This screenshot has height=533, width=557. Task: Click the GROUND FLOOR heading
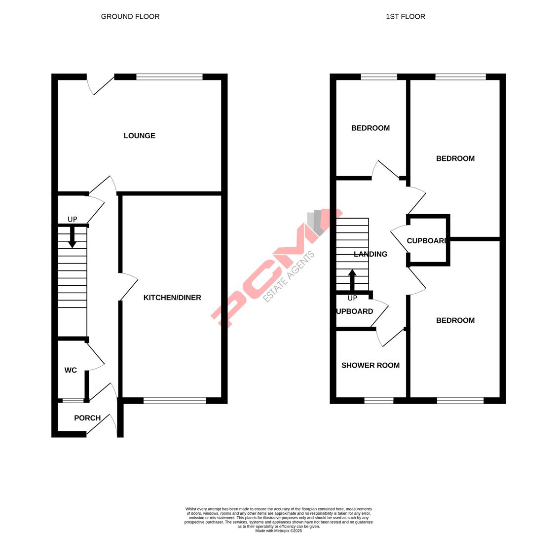130,16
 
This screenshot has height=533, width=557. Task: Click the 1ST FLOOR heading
405,16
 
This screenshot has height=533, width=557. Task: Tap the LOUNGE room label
139,136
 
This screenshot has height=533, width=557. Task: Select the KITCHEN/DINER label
172,298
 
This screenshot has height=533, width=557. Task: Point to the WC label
71,370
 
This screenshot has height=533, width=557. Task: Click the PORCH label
87,418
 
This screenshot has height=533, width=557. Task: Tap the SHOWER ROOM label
371,365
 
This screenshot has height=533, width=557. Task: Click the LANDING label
371,254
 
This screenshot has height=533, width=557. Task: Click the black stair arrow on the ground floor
72,237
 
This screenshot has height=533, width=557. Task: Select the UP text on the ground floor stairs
73,219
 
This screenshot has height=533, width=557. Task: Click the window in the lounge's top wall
169,77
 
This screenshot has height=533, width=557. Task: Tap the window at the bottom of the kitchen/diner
175,400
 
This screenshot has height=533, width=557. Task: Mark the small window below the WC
73,400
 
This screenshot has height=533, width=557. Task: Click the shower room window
379,400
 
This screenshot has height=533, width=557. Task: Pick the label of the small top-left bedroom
371,128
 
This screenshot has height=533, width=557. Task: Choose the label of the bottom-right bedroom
455,320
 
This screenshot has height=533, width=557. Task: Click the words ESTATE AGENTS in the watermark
289,277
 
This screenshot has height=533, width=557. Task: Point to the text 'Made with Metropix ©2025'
279,531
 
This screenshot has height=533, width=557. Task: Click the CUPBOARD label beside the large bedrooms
427,241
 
